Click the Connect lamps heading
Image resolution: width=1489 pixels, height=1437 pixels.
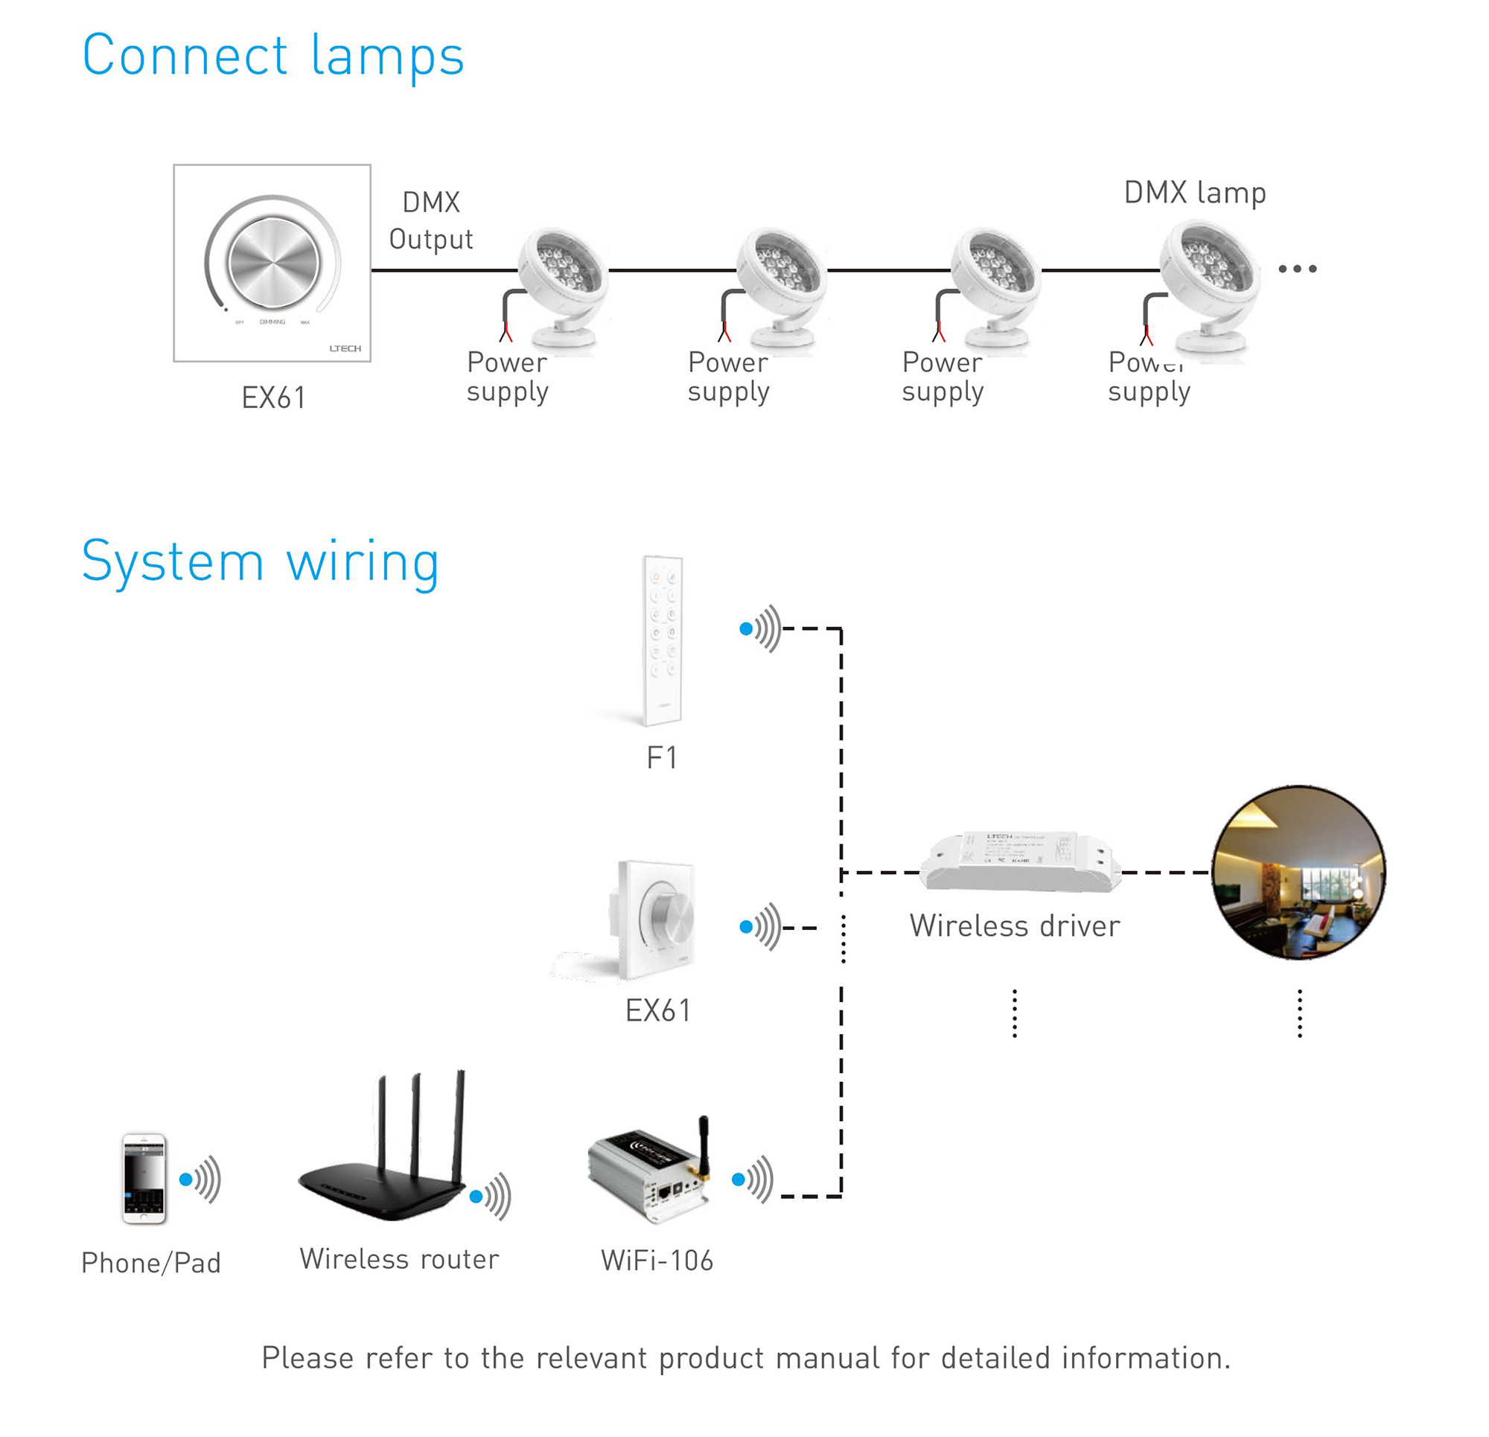(272, 57)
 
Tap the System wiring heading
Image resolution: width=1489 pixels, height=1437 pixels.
(261, 561)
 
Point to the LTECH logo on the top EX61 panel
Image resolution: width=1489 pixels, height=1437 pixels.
(345, 348)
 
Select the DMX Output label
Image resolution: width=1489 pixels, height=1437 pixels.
(431, 221)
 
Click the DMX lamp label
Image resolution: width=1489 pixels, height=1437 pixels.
(1195, 193)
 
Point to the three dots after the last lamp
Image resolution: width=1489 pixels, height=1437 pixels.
(1298, 269)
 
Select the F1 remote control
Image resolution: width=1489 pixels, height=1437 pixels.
(663, 640)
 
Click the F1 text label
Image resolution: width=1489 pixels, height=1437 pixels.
(662, 759)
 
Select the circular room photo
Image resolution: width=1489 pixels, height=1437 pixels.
(1298, 873)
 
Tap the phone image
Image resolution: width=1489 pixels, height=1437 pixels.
(144, 1179)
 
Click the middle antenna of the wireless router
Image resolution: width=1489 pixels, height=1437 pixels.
(415, 1125)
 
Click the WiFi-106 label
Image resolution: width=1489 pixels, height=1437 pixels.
(657, 1261)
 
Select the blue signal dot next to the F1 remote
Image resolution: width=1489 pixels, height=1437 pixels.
(746, 629)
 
